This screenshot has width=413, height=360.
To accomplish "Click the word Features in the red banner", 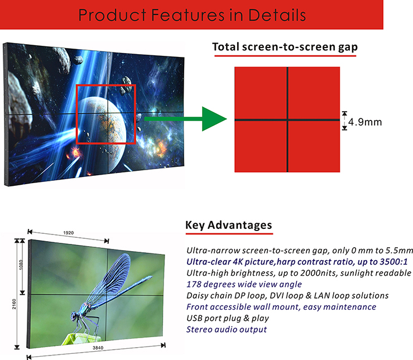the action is point(188,15).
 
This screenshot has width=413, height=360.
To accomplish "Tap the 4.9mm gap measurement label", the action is point(365,122).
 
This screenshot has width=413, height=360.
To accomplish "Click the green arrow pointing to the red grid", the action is point(186,119).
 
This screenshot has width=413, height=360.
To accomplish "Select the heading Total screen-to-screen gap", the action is point(285,47).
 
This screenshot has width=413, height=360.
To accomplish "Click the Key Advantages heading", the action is point(229,225).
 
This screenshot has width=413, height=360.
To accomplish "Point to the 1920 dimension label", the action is point(69,233).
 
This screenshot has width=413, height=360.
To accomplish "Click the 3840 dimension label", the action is point(98,348).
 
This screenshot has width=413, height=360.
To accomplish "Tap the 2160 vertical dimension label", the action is point(14,304).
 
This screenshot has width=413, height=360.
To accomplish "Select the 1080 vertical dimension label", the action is point(21,265).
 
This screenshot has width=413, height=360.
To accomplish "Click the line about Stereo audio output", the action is point(227,329).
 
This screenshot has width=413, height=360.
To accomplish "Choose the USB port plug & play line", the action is point(228,318).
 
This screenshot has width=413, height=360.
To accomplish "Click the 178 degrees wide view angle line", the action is point(244,285).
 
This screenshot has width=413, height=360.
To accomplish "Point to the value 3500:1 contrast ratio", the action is point(393,262).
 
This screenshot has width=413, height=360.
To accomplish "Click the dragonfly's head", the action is point(75,316).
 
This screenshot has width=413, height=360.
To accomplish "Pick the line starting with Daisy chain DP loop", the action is point(287,296).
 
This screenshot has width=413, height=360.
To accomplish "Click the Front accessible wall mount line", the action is point(281,307).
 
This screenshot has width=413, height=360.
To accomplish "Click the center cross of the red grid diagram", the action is point(287,120).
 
